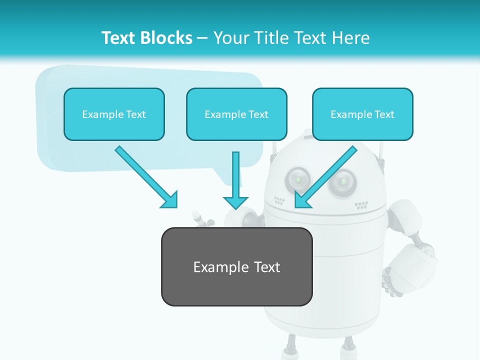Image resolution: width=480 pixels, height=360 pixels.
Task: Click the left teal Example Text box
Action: [x=114, y=114]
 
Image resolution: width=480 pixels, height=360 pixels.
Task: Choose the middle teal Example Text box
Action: [x=236, y=114]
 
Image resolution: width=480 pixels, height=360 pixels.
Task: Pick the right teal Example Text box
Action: [x=362, y=114]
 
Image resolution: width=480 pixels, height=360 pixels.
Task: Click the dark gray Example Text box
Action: [x=236, y=266]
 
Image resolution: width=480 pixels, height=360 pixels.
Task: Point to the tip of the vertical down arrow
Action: [x=235, y=207]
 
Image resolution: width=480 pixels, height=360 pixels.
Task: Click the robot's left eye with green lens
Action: [x=298, y=178]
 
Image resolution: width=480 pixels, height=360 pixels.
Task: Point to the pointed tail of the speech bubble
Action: [x=235, y=183]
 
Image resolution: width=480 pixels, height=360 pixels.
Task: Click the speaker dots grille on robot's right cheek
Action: [x=361, y=205]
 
